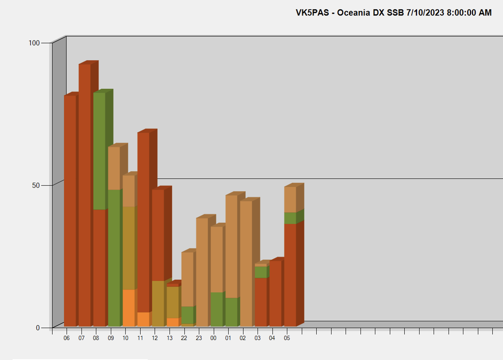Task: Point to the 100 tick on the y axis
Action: [34, 43]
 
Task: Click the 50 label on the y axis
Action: [35, 185]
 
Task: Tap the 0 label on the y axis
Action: [38, 328]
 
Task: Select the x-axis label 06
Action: [66, 338]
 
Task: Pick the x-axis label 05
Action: [287, 338]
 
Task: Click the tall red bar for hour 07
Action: [85, 194]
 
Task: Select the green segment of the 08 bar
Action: [99, 151]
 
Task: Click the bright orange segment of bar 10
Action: [129, 308]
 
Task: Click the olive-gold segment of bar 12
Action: [158, 304]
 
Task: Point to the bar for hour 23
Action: [202, 272]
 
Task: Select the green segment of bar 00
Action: [217, 309]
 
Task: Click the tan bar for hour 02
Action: [246, 263]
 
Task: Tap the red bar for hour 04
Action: [275, 293]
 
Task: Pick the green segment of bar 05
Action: [290, 218]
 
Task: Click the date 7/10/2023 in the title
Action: [425, 13]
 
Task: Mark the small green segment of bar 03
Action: [261, 272]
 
